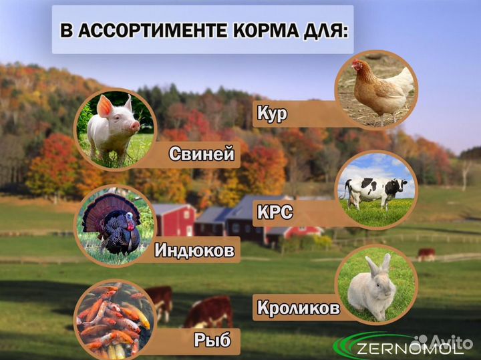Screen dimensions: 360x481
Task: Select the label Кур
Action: pos(272,114)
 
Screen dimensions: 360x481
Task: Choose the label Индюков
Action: pos(194,251)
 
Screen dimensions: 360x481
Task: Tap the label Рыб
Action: pos(213,341)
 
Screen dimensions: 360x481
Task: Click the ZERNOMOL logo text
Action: pos(410,348)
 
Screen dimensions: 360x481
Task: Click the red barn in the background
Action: pos(173,220)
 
